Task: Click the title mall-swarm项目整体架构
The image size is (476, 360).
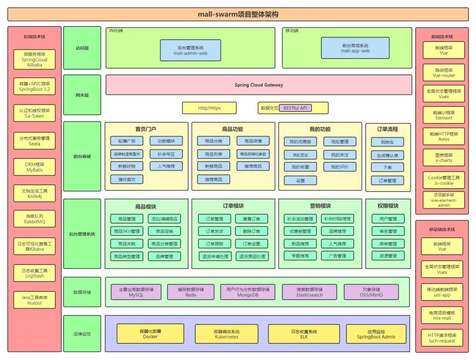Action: [x=238, y=14]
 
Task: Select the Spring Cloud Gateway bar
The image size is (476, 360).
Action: [x=259, y=85]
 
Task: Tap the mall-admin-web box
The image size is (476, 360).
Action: [x=190, y=50]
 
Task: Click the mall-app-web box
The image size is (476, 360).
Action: [x=355, y=48]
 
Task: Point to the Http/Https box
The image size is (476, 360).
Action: [x=209, y=108]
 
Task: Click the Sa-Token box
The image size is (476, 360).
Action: [x=34, y=113]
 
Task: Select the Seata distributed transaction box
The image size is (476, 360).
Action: [x=34, y=141]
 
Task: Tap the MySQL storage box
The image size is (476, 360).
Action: [x=136, y=292]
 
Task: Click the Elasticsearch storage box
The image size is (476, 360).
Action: [x=309, y=292]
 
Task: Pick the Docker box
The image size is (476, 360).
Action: [x=150, y=334]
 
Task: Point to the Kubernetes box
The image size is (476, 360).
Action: [x=226, y=334]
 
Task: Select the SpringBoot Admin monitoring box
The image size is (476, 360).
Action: [x=376, y=334]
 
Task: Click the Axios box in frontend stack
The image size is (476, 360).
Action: [x=443, y=136]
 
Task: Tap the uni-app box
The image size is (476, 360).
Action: [x=442, y=292]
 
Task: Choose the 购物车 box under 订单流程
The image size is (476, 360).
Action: [x=387, y=143]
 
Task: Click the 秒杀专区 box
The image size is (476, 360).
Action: [x=166, y=154]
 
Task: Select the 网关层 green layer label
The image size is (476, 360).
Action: [x=82, y=95]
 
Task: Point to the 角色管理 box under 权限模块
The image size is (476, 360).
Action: [x=388, y=231]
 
